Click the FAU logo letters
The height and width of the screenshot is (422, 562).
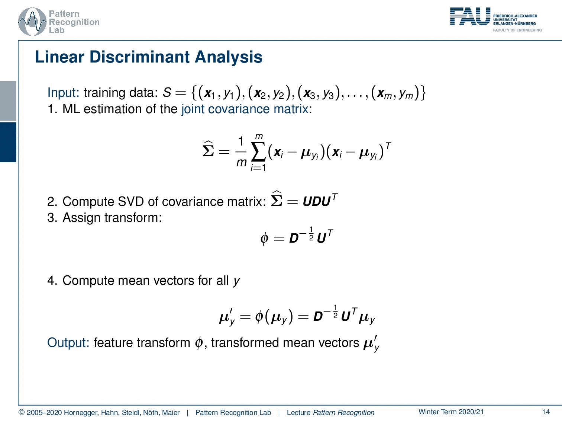coord(470,16)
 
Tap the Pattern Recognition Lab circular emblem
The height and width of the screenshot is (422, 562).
coord(32,22)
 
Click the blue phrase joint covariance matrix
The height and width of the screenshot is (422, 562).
coord(245,109)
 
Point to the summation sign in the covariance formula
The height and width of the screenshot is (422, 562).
coord(259,152)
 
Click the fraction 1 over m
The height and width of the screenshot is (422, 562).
coord(241,152)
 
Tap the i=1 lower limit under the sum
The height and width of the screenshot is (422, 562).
coord(258,168)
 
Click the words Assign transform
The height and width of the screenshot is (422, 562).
coord(112,218)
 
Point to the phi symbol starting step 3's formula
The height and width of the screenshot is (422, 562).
coord(264,239)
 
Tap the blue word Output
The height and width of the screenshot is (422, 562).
coord(68,343)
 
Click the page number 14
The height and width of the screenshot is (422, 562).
coord(546,412)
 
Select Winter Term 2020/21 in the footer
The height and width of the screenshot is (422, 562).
coord(451,412)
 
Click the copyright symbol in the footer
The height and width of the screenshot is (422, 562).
coord(22,412)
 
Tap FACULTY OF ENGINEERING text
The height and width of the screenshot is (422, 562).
coord(517,30)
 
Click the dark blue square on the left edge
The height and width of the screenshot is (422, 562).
coord(8,142)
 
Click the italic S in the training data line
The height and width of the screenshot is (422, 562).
coord(167,93)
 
